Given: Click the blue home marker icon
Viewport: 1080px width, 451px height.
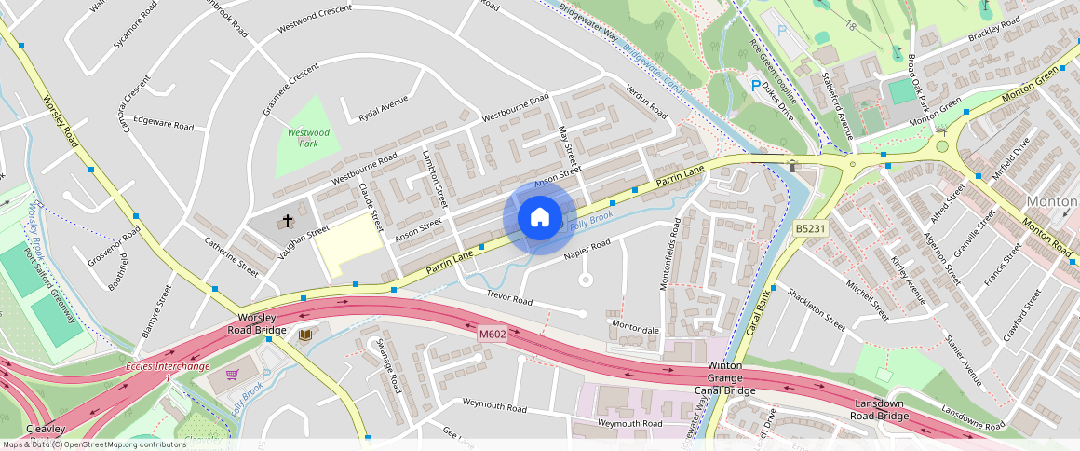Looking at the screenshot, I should (539, 218).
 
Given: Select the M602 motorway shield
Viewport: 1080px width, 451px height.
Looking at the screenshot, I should (493, 334).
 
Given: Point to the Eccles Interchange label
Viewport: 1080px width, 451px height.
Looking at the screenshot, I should (169, 366).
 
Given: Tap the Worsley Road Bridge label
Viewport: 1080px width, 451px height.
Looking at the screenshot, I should (257, 322).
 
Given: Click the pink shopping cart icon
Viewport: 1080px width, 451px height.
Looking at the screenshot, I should (232, 375).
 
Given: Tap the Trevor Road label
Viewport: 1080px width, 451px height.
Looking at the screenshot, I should (509, 298).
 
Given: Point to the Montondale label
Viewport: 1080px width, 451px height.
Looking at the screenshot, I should (636, 329).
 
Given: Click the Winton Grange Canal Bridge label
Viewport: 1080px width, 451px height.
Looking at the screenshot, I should (724, 378).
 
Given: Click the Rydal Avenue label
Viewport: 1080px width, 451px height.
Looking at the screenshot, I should (384, 109).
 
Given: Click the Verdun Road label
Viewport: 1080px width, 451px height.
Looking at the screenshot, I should (646, 102).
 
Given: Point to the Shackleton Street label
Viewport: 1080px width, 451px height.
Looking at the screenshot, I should (816, 310).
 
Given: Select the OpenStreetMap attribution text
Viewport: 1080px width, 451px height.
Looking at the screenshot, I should (94, 444).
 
